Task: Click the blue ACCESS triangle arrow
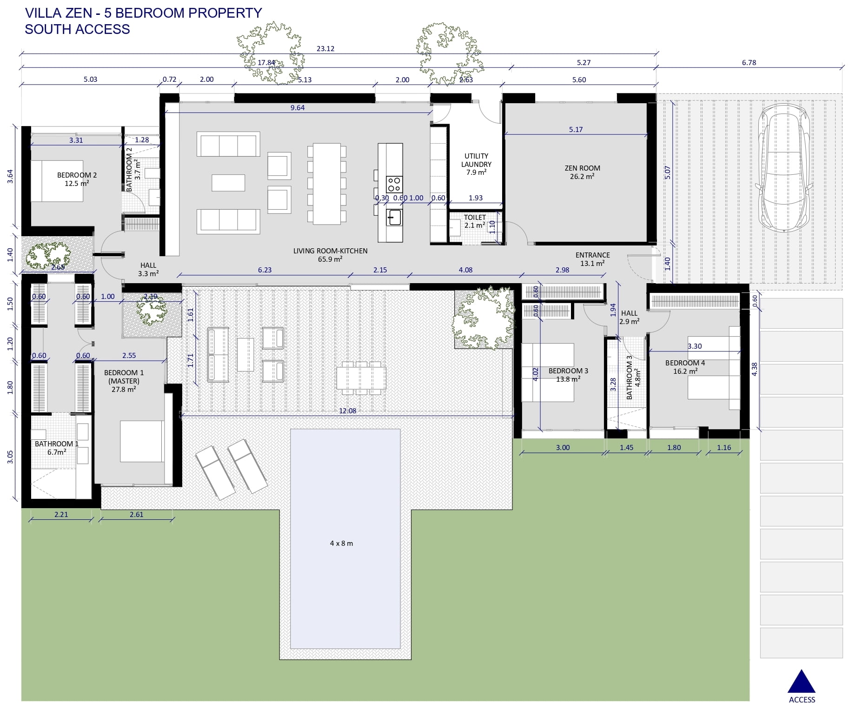pos(801,682)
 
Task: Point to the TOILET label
pos(475,217)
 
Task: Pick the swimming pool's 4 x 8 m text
pos(341,543)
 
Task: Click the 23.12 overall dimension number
pos(325,48)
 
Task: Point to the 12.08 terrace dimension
pos(347,411)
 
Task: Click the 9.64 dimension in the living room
pos(298,107)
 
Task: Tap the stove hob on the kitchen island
pos(394,184)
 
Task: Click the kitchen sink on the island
pos(395,217)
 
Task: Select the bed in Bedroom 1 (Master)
pos(142,441)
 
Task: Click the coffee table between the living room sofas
pos(228,183)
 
